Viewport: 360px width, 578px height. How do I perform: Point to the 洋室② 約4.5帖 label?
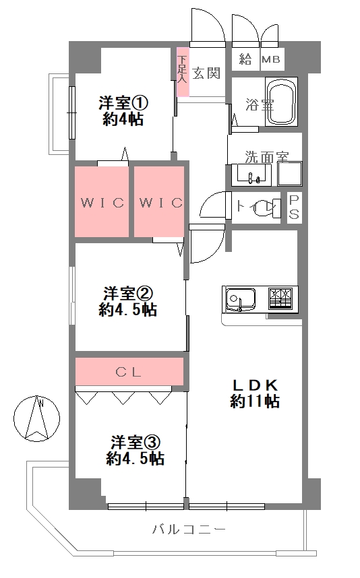point(127,301)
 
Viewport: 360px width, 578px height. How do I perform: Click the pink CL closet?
point(129,371)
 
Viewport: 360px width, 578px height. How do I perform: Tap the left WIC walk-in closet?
point(102,202)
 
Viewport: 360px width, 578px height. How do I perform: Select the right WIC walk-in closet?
point(160,202)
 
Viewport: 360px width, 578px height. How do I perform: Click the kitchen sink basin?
point(239,298)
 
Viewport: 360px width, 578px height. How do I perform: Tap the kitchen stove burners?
point(282,297)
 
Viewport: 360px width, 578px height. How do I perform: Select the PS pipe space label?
point(295,207)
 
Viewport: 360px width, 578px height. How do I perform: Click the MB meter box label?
point(271,59)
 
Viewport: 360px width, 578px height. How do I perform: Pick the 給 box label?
point(245,59)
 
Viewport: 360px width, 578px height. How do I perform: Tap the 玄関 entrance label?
point(206,73)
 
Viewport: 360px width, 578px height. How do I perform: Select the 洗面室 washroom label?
point(266,158)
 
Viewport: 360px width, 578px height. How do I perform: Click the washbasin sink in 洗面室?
point(252,176)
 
